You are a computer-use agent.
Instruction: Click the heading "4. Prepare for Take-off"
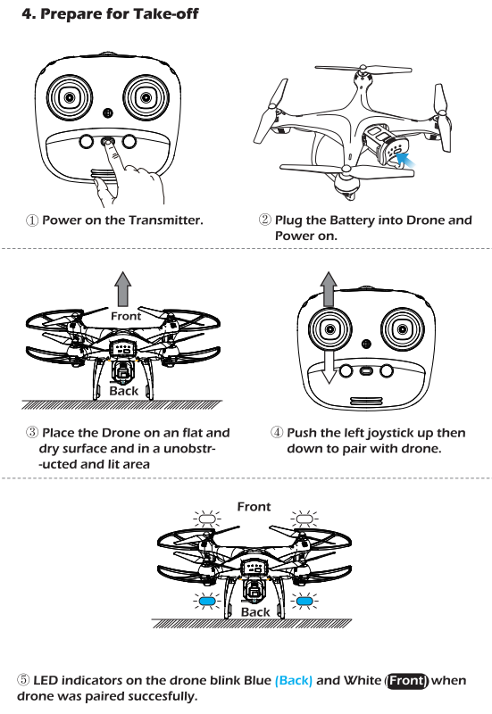(110, 13)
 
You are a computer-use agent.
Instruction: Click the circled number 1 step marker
(32, 220)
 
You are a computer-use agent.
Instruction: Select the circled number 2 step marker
(265, 220)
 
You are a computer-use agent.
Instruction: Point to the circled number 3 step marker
(32, 432)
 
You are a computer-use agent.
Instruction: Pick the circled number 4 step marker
(277, 432)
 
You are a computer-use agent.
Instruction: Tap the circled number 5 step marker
(23, 680)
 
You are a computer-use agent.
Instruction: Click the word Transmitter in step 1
(166, 220)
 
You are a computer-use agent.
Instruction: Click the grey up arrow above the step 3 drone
(123, 289)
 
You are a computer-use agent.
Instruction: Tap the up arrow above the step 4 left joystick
(329, 289)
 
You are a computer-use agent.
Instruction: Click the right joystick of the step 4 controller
(402, 329)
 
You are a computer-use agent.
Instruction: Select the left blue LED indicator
(207, 601)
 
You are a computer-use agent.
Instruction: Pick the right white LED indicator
(304, 519)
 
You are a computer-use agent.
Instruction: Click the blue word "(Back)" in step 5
(294, 680)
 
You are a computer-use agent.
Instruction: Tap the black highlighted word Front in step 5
(407, 680)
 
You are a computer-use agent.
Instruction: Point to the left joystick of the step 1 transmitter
(70, 97)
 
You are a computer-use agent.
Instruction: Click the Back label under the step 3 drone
(124, 391)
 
